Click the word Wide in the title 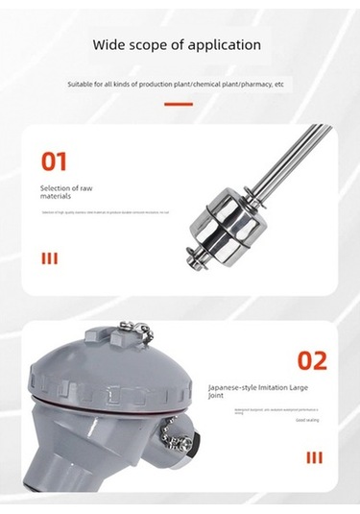coord(108,44)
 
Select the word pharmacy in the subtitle coord(254,85)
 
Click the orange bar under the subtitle coord(179,104)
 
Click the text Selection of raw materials coord(66,192)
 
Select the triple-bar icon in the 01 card coord(49,257)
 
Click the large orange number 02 coord(311,361)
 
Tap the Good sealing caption coord(307,420)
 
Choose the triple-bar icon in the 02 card coord(314,457)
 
